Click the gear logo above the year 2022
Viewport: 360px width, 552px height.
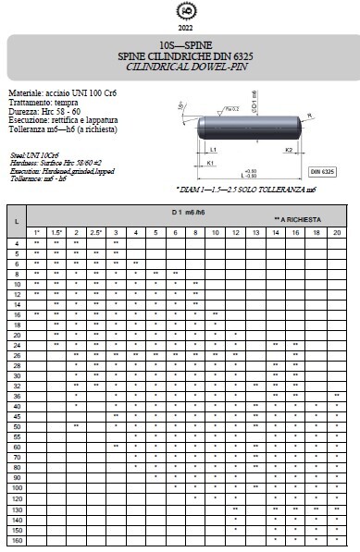[180, 11]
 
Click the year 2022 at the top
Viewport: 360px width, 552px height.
[180, 28]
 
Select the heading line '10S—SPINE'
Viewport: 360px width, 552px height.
[180, 44]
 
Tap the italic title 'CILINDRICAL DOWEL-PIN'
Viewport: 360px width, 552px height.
[180, 66]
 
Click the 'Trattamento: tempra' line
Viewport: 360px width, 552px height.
[43, 104]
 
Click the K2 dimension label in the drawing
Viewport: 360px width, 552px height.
[288, 149]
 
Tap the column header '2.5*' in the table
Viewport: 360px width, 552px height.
[95, 231]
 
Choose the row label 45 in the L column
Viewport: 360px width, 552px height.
[17, 416]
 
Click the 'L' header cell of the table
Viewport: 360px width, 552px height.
[17, 222]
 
